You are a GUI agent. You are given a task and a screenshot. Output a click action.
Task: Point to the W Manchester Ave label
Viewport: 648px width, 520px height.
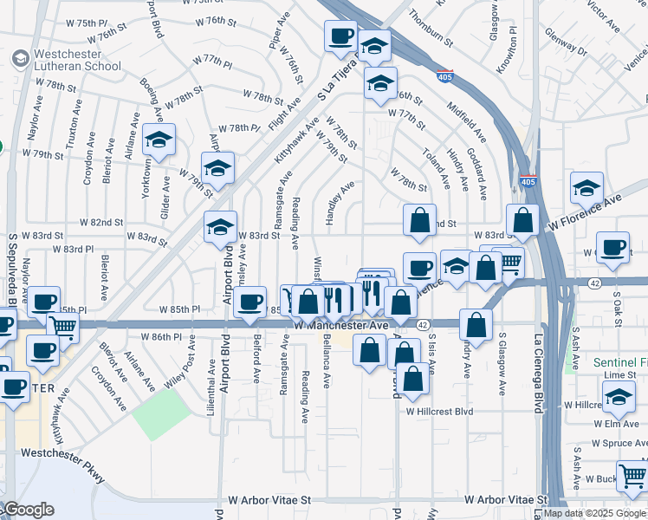[x=340, y=325]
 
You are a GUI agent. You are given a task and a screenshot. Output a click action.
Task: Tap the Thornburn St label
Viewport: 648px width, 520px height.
[x=431, y=27]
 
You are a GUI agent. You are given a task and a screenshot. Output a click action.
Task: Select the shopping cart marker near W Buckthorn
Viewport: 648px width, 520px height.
[x=633, y=475]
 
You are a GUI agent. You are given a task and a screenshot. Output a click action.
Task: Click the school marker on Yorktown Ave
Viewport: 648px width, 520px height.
[x=159, y=139]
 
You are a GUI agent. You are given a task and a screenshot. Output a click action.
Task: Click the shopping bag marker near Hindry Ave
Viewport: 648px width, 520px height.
[x=476, y=325]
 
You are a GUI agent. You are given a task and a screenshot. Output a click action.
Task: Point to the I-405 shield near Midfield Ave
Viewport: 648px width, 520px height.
[x=445, y=77]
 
